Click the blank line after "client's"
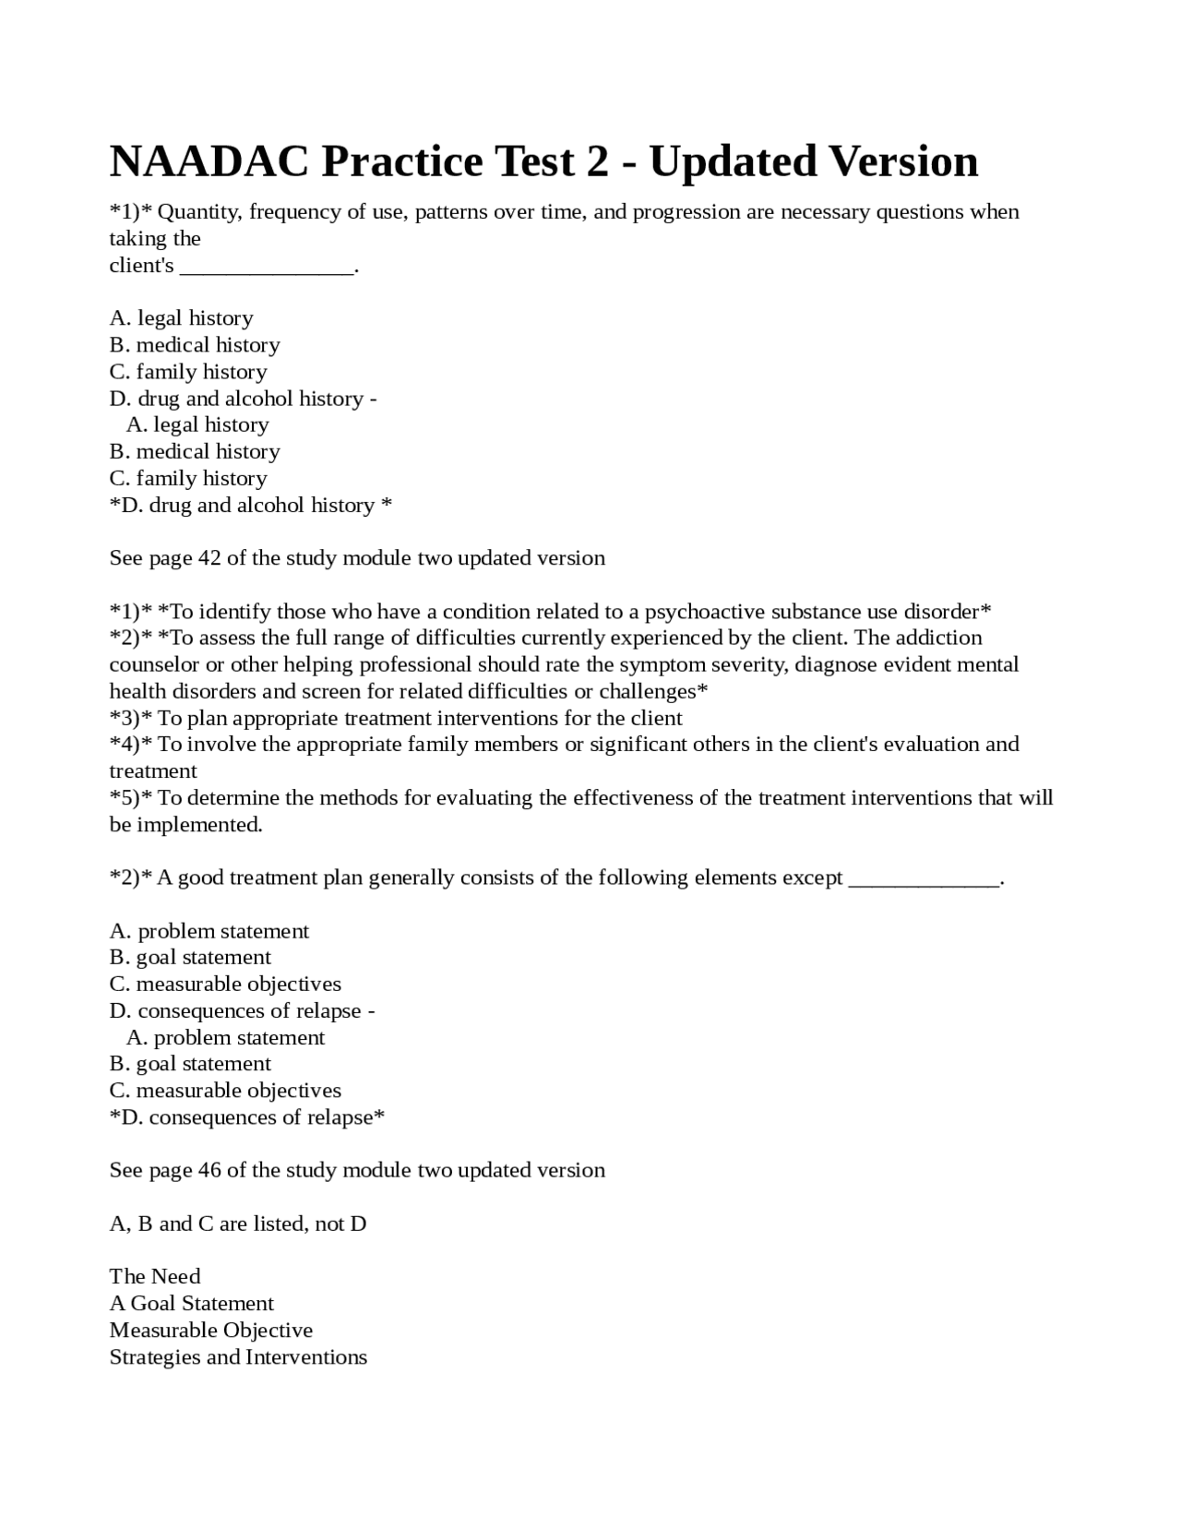(266, 268)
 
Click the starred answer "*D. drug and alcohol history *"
(250, 506)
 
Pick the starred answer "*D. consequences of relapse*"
(246, 1117)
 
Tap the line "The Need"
(154, 1276)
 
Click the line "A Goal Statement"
(191, 1303)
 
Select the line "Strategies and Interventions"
(238, 1356)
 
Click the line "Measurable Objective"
(210, 1330)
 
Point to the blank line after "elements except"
(923, 878)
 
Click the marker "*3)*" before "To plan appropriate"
(131, 718)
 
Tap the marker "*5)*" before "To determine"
(131, 797)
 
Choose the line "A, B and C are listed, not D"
(237, 1224)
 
